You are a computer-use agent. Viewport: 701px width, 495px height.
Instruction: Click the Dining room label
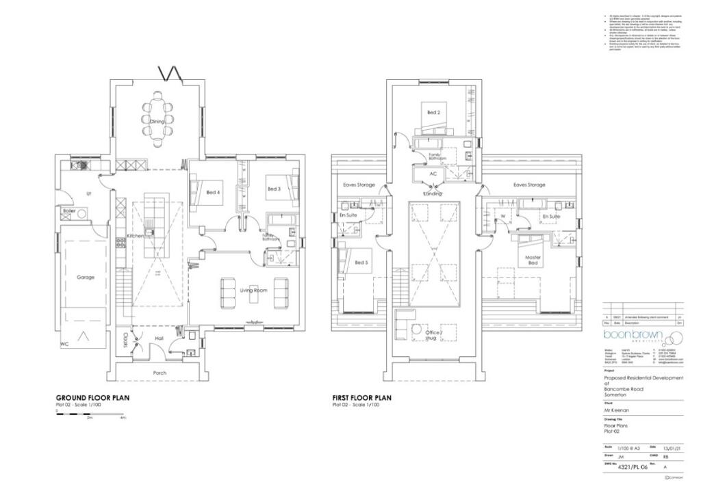tap(157, 122)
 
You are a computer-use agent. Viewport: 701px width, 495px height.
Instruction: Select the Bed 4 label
tap(214, 193)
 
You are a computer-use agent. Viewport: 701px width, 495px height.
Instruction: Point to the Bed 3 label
tap(274, 189)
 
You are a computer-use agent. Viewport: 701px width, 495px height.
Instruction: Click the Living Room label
tap(252, 290)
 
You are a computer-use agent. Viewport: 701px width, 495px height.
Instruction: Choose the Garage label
tap(86, 278)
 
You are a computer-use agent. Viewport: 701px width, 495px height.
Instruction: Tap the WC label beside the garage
tap(65, 344)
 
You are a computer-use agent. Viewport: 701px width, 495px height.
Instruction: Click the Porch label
tap(160, 373)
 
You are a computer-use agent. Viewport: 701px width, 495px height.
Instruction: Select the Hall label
tap(160, 338)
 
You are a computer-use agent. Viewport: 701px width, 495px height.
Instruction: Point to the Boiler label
tap(68, 211)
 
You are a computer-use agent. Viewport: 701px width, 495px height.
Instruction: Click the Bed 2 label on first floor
tap(433, 112)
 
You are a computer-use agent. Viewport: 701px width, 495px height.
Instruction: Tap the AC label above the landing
tap(433, 174)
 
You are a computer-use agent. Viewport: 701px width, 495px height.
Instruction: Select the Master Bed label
tap(533, 261)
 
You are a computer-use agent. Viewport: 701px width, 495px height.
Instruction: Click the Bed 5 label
tap(361, 262)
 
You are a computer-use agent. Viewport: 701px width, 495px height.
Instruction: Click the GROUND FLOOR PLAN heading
tap(92, 397)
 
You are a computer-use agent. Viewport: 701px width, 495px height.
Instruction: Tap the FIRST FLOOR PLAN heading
tap(361, 397)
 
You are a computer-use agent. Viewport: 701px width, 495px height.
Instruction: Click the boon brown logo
tap(634, 337)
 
